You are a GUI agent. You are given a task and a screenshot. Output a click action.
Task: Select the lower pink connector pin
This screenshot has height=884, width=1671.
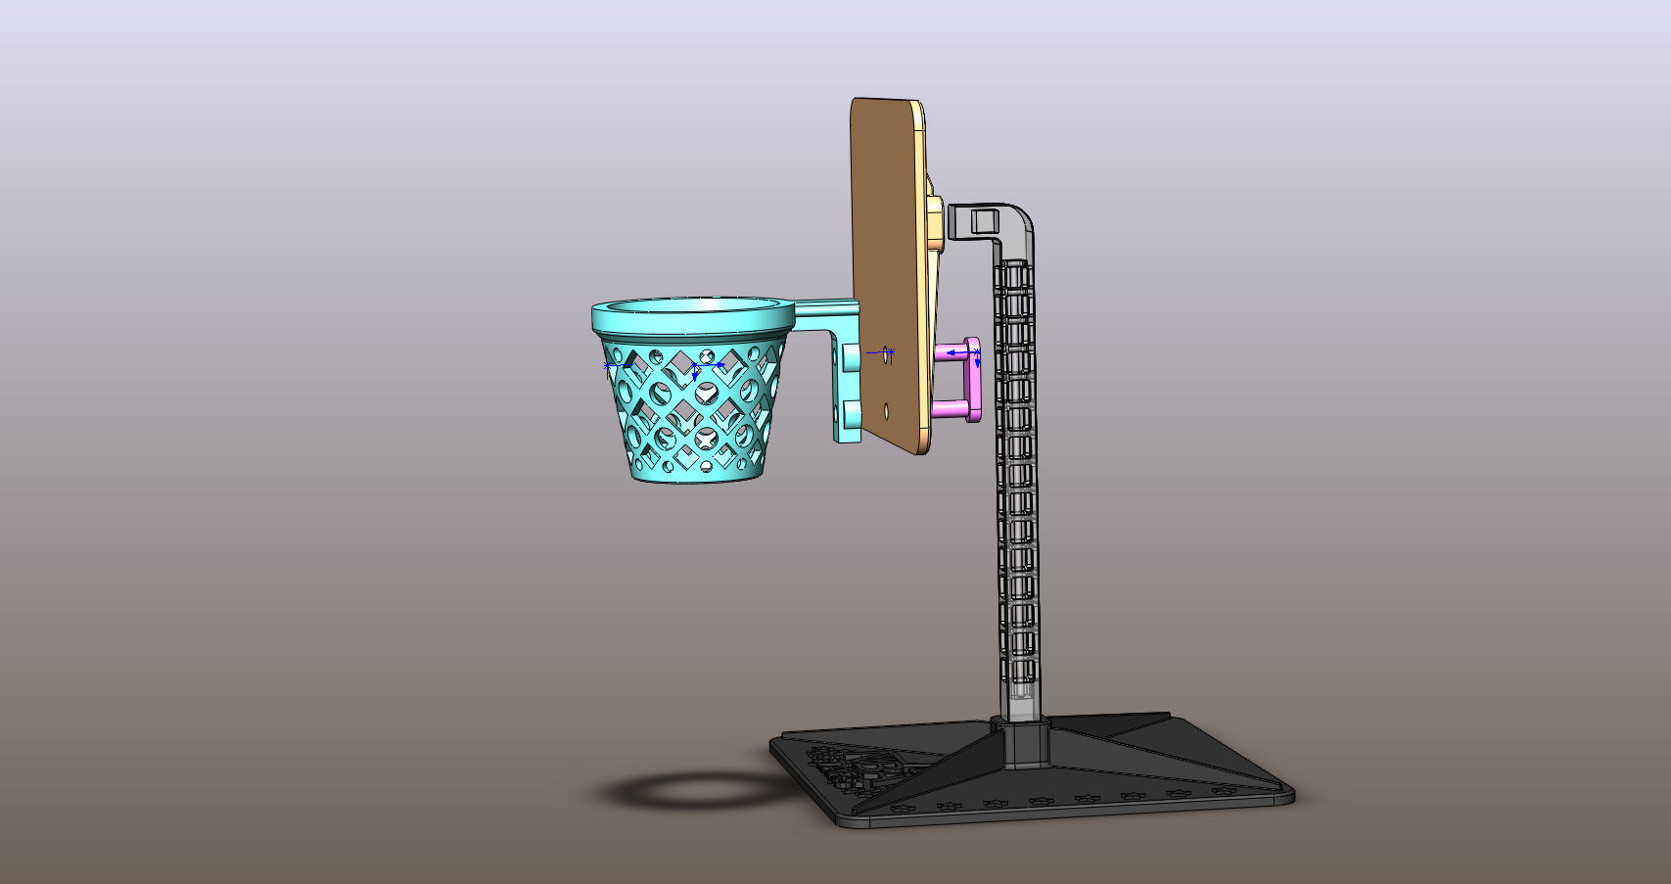[950, 408]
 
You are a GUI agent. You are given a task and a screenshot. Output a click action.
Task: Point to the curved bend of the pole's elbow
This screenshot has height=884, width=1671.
[1019, 218]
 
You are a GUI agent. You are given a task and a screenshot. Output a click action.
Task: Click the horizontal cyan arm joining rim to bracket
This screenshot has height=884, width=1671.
[827, 314]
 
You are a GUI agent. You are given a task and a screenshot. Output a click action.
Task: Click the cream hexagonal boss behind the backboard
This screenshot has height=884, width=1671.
[935, 220]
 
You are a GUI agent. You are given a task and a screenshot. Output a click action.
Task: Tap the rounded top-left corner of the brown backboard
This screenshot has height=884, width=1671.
[858, 104]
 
